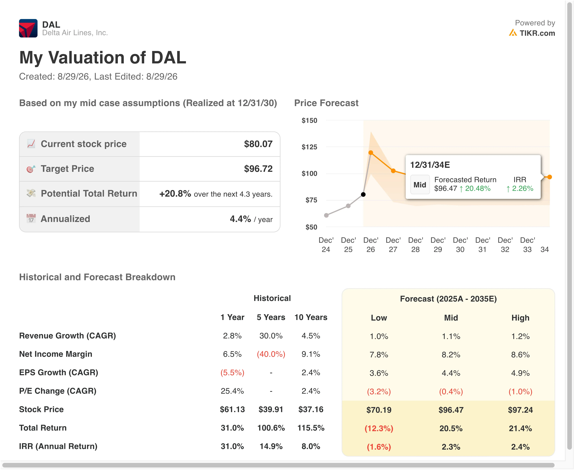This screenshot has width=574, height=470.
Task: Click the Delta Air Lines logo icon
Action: click(x=28, y=28)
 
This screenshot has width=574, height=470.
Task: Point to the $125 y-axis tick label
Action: click(x=309, y=147)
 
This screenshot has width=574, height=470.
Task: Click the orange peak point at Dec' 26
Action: click(x=371, y=153)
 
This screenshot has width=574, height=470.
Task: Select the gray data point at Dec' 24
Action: click(x=326, y=215)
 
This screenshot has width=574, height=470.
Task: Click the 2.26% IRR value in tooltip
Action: click(x=523, y=188)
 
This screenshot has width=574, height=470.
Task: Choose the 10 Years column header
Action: click(x=311, y=317)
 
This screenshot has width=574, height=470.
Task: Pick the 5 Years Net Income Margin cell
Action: click(x=271, y=354)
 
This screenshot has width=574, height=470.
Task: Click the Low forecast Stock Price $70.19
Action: click(x=379, y=410)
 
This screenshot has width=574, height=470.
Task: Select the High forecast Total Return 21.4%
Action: click(x=520, y=428)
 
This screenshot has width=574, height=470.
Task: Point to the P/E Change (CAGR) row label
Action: click(x=58, y=391)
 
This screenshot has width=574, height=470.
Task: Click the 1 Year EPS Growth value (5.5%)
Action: click(x=232, y=373)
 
